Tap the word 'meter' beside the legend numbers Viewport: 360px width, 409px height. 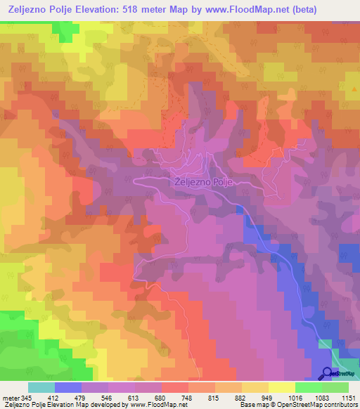point(11,396)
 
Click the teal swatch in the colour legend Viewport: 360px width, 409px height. point(41,387)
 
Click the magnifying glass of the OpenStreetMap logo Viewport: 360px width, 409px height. point(326,373)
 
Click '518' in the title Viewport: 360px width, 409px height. point(127,9)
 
